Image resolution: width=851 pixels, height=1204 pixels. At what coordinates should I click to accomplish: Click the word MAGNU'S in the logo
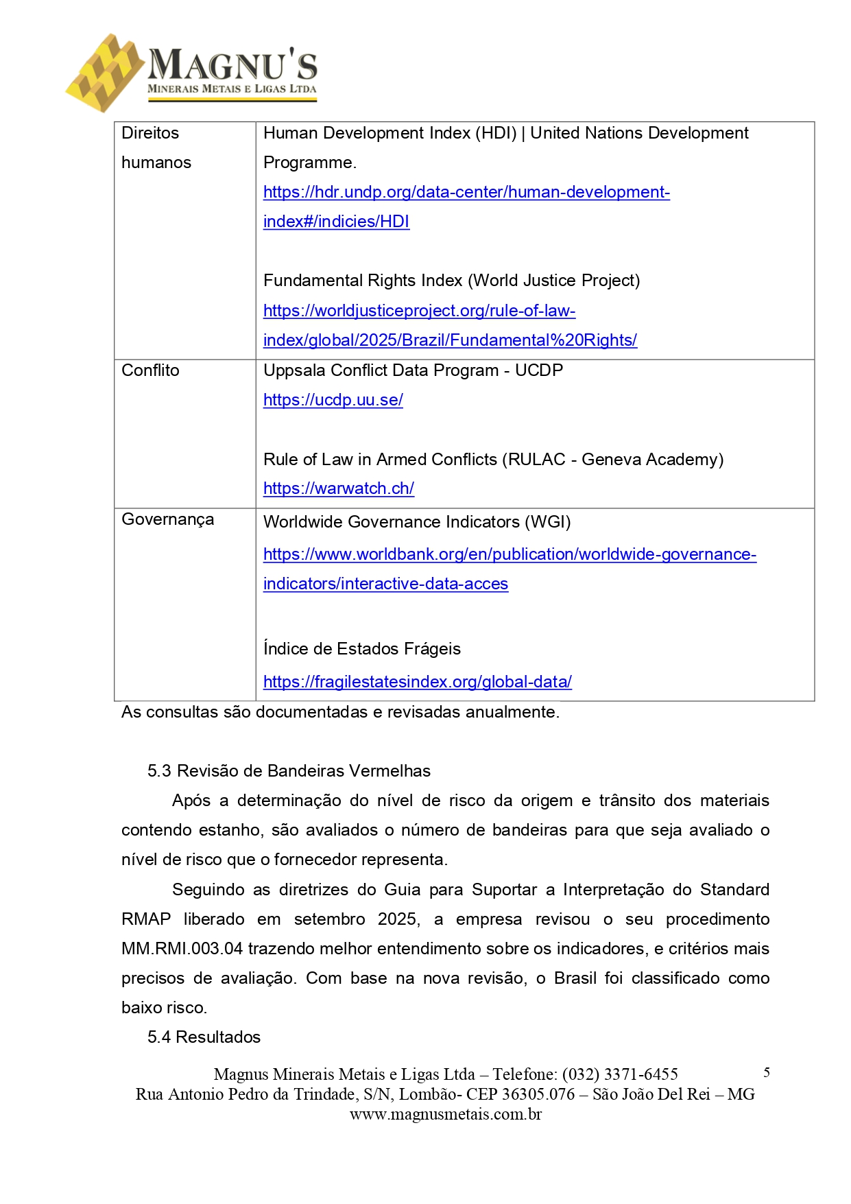click(x=232, y=65)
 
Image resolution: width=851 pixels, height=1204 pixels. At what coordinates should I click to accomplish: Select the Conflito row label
click(x=150, y=370)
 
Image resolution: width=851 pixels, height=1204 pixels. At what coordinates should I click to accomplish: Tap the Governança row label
click(x=167, y=519)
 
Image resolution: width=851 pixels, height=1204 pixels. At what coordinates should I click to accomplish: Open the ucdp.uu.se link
click(x=333, y=400)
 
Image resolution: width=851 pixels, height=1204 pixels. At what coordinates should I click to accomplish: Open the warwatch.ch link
click(x=338, y=488)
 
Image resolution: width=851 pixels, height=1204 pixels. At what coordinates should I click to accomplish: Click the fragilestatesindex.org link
click(x=417, y=682)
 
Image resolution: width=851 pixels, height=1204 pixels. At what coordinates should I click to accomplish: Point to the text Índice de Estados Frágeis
click(x=361, y=649)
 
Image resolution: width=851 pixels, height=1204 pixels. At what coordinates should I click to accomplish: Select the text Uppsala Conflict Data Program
click(x=381, y=370)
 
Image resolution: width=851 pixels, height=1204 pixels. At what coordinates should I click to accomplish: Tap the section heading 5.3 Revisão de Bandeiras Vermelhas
click(x=289, y=771)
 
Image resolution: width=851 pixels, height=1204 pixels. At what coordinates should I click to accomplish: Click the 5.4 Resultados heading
click(x=204, y=1037)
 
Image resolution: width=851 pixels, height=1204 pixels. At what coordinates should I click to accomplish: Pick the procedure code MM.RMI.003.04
click(x=182, y=949)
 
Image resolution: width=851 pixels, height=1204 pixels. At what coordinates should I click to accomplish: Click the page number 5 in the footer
click(x=766, y=1073)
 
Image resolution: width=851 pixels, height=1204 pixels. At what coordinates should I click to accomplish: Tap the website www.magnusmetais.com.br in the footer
click(x=445, y=1115)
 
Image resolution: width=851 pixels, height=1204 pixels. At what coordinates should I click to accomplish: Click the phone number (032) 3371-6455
click(x=619, y=1075)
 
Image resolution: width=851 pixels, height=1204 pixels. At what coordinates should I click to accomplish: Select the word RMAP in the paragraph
click(x=145, y=919)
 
